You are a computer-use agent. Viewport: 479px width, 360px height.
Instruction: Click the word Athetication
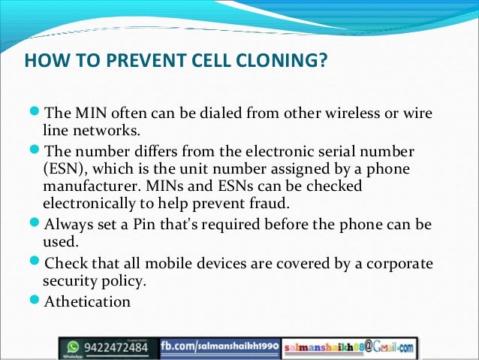88,302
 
